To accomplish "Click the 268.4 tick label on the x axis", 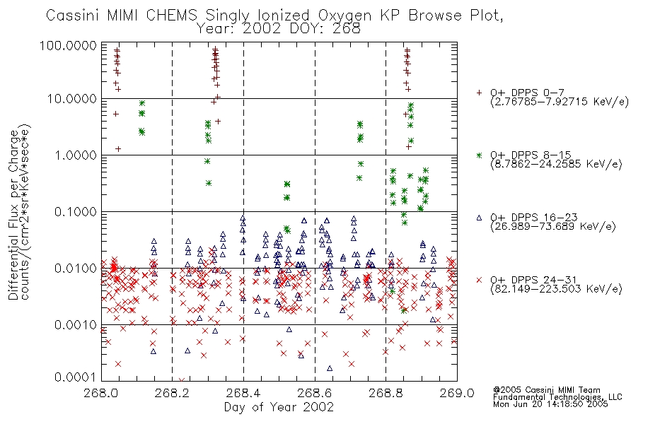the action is pyautogui.click(x=244, y=393).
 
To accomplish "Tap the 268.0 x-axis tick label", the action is pyautogui.click(x=102, y=393).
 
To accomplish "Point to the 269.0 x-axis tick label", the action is pyautogui.click(x=457, y=393).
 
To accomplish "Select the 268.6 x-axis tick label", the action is pyautogui.click(x=315, y=393).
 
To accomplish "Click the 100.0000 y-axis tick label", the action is pyautogui.click(x=69, y=45).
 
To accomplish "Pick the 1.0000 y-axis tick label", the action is pyautogui.click(x=76, y=155).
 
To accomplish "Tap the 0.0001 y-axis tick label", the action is pyautogui.click(x=76, y=377).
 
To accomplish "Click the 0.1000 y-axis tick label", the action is pyautogui.click(x=76, y=211).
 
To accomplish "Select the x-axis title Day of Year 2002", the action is pyautogui.click(x=279, y=407).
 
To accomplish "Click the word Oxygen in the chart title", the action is pyautogui.click(x=345, y=16).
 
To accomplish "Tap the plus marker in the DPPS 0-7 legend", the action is pyautogui.click(x=479, y=93).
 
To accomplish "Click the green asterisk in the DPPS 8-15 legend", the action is pyautogui.click(x=479, y=155).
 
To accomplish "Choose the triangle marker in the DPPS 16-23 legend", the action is pyautogui.click(x=479, y=218).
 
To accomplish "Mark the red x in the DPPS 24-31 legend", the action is pyautogui.click(x=479, y=280).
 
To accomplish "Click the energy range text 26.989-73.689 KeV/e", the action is pyautogui.click(x=553, y=227).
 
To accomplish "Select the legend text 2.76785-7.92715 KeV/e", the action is pyautogui.click(x=560, y=102).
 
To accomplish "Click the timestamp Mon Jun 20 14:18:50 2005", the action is pyautogui.click(x=550, y=404).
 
